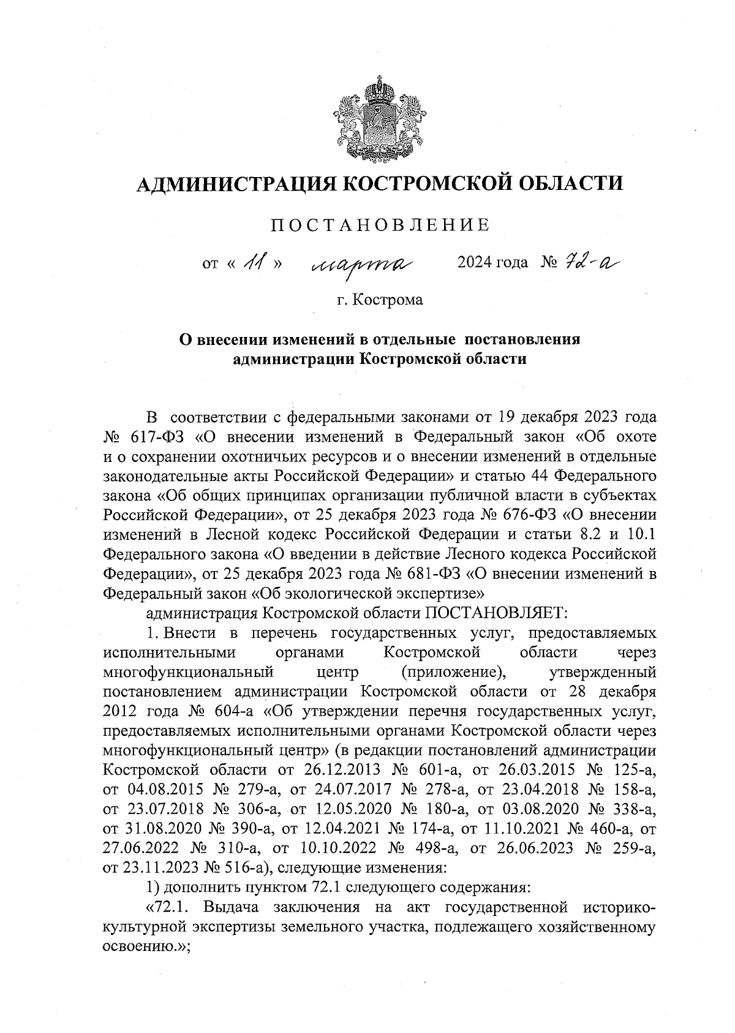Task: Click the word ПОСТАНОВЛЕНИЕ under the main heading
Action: pos(380,225)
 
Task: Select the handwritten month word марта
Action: pos(363,265)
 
